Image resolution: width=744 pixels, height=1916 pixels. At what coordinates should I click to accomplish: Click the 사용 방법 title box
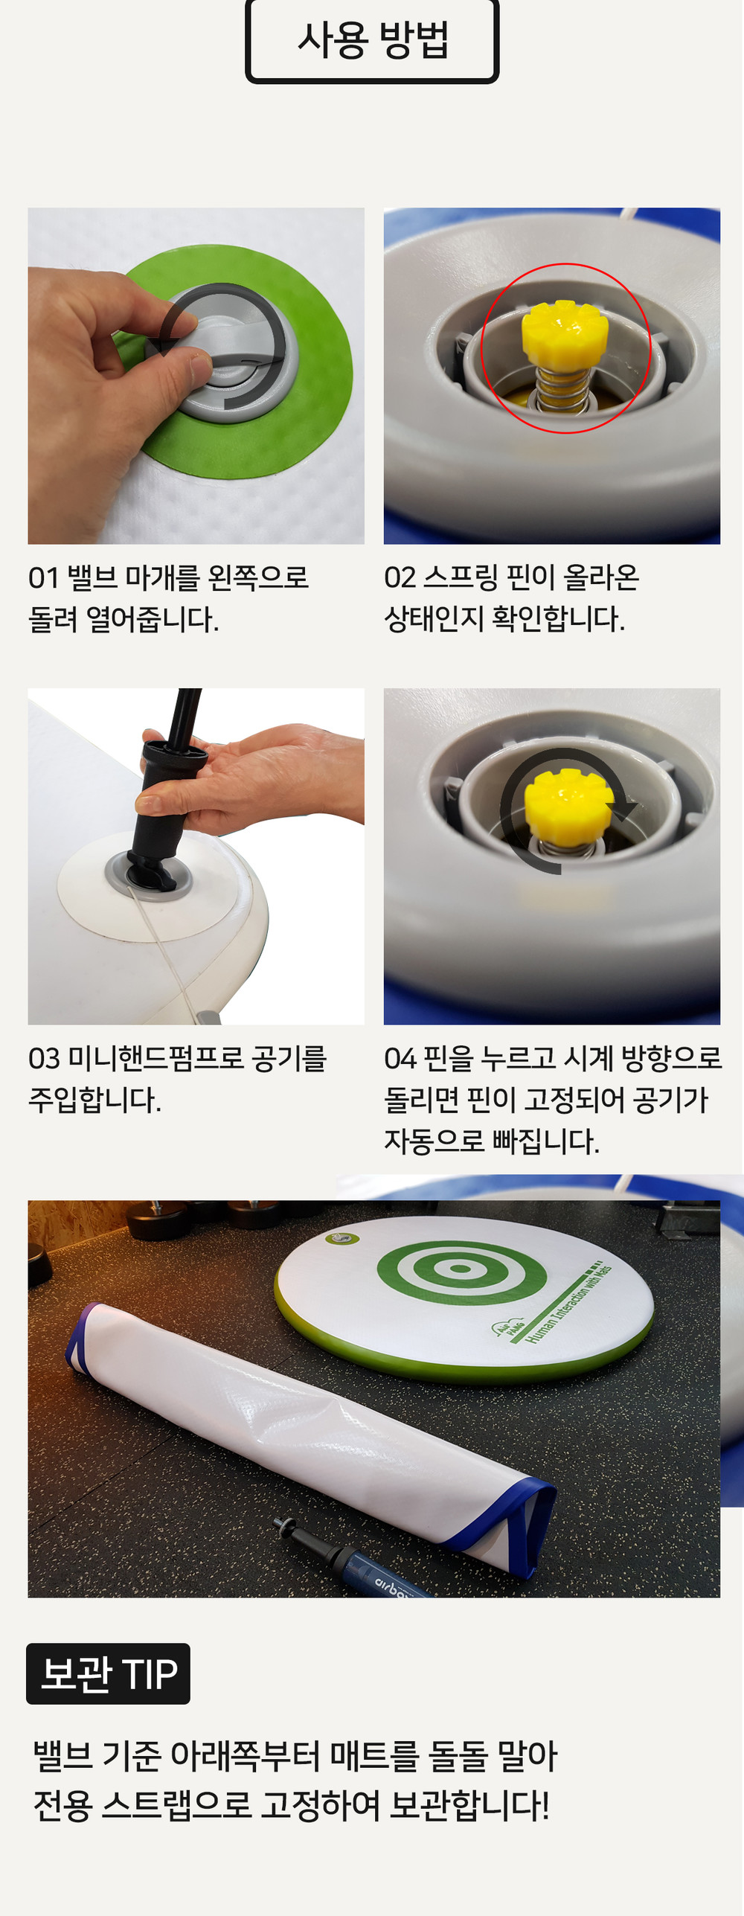(372, 40)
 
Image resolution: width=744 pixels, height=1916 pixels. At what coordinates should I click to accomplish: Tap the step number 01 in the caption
(43, 577)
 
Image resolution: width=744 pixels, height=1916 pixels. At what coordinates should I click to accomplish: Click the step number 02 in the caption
(400, 577)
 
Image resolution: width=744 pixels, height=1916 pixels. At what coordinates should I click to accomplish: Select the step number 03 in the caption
(44, 1058)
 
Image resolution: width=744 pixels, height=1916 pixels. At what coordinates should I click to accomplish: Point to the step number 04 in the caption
(400, 1058)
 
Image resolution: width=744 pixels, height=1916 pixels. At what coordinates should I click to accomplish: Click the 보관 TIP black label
(108, 1673)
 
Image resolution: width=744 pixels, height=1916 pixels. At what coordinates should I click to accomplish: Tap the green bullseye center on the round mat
(459, 1268)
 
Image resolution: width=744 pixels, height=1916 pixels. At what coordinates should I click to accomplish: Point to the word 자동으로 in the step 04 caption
(434, 1140)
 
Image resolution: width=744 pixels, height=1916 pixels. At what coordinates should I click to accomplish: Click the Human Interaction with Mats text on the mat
(568, 1302)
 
